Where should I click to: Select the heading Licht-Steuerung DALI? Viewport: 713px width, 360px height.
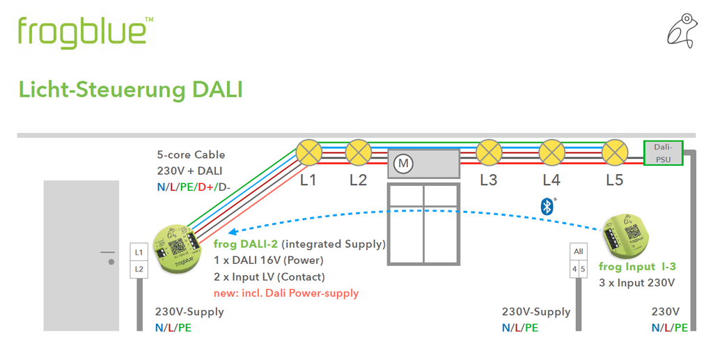point(130,90)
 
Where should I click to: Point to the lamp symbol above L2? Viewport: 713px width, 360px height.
point(358,152)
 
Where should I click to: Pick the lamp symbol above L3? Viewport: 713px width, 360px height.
point(489,152)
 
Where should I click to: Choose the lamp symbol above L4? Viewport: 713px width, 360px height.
point(551,152)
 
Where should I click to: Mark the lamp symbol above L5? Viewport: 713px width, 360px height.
point(614,152)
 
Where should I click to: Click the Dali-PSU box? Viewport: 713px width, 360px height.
point(663,152)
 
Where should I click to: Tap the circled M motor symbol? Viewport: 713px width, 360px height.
point(403,164)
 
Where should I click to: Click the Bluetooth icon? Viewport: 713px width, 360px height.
point(547,205)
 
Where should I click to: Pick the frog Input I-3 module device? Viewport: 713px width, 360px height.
point(624,237)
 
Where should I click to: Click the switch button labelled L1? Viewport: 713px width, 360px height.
point(139,251)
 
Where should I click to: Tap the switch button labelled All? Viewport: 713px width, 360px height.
point(578,251)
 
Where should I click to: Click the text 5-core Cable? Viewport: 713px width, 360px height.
point(191,155)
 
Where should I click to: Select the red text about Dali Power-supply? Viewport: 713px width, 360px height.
point(286,292)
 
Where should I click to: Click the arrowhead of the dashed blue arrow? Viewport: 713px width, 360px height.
point(234,233)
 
